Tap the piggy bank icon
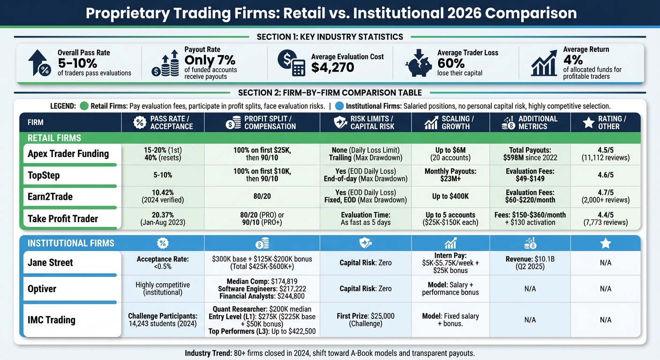point(420,64)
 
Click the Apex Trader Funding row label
point(68,154)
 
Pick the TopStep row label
point(44,175)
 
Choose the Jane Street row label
point(50,262)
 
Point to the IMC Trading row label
point(52,320)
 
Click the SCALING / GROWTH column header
point(450,122)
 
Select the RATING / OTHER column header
point(605,122)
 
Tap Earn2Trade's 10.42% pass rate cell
point(163,196)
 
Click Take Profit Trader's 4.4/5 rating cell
point(605,218)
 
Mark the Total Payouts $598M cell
point(530,154)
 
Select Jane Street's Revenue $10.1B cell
point(530,262)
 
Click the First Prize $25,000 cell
point(365,320)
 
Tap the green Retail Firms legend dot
point(84,106)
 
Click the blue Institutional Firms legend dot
point(340,106)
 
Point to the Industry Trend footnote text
point(330,353)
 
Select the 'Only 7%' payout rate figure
point(210,60)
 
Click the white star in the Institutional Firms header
point(606,243)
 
